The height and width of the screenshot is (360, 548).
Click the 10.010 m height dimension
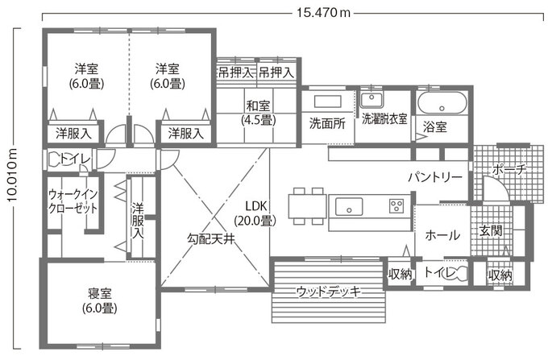click(x=12, y=187)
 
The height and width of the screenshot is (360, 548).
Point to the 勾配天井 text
click(x=211, y=238)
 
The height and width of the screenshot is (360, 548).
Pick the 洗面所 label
click(x=327, y=124)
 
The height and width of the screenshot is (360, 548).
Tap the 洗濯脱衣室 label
click(x=384, y=119)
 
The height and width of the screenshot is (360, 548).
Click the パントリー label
click(x=434, y=176)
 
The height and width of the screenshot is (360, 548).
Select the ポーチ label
click(x=509, y=171)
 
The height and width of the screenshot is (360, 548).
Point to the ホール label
click(x=442, y=235)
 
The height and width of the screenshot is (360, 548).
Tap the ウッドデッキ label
click(x=327, y=291)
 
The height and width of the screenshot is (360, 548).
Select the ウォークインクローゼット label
click(x=73, y=201)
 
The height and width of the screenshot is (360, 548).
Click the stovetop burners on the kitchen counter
click(x=397, y=205)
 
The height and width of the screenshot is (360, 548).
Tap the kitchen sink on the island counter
click(x=351, y=203)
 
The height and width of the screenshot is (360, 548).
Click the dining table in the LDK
click(x=306, y=204)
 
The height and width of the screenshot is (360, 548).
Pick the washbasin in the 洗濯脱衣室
click(x=372, y=100)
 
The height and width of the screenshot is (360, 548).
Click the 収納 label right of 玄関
click(x=500, y=275)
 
